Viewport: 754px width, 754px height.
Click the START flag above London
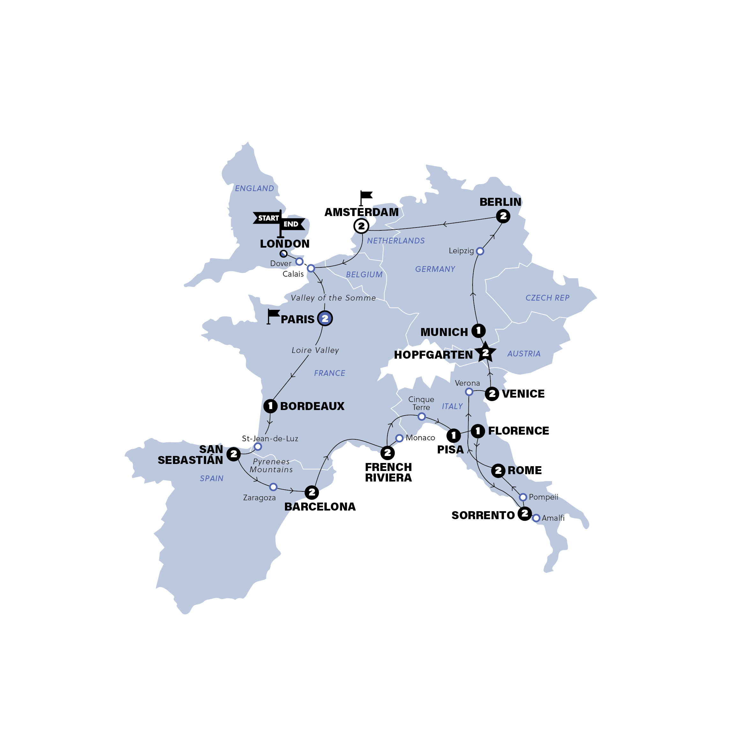pos(268,218)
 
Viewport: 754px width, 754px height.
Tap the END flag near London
pos(291,224)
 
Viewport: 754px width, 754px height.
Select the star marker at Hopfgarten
pos(485,352)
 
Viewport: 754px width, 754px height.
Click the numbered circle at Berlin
pos(503,216)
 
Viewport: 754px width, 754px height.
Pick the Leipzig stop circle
pos(480,251)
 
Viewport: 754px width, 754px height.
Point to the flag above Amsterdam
pos(366,196)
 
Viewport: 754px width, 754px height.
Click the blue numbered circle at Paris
pos(325,318)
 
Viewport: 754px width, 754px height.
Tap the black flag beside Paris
pos(273,314)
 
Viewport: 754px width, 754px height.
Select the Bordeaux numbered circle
pos(270,406)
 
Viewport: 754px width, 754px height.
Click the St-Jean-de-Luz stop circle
pos(258,446)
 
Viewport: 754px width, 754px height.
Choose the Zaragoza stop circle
pos(273,487)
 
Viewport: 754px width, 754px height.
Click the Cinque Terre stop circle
pos(422,417)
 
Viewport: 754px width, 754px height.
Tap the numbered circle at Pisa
pos(453,435)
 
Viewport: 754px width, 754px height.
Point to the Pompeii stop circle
pos(523,497)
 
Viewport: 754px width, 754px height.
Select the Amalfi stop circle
pos(536,518)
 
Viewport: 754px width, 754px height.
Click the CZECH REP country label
pos(547,298)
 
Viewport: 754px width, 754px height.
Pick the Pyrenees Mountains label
pos(271,466)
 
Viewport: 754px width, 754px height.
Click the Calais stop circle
pos(311,268)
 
